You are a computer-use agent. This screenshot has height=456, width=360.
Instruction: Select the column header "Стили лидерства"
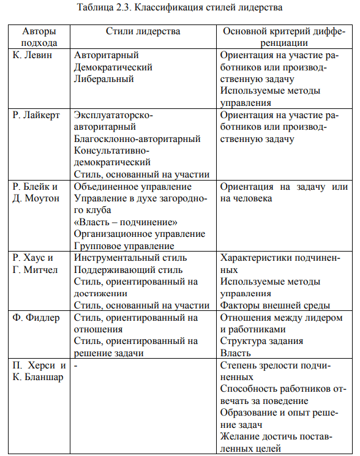(142, 31)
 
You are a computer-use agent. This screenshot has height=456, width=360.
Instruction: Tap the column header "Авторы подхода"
(39, 37)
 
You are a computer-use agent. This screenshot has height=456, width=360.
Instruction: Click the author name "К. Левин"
(32, 55)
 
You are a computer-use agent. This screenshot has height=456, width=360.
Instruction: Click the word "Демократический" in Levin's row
(113, 67)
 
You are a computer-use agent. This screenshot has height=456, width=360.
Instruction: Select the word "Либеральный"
(104, 78)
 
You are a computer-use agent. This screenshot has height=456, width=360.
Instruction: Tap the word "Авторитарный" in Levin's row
(106, 55)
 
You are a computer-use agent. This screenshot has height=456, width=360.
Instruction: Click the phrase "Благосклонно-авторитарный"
(137, 139)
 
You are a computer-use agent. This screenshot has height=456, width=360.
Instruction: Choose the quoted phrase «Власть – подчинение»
(126, 222)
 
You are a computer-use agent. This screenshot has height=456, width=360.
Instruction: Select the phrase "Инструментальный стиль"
(130, 258)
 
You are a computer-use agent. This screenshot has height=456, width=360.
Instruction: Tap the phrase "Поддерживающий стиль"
(127, 269)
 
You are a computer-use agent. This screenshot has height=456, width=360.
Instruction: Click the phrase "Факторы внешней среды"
(275, 305)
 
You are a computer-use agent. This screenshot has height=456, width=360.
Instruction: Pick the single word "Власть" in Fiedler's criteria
(235, 353)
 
